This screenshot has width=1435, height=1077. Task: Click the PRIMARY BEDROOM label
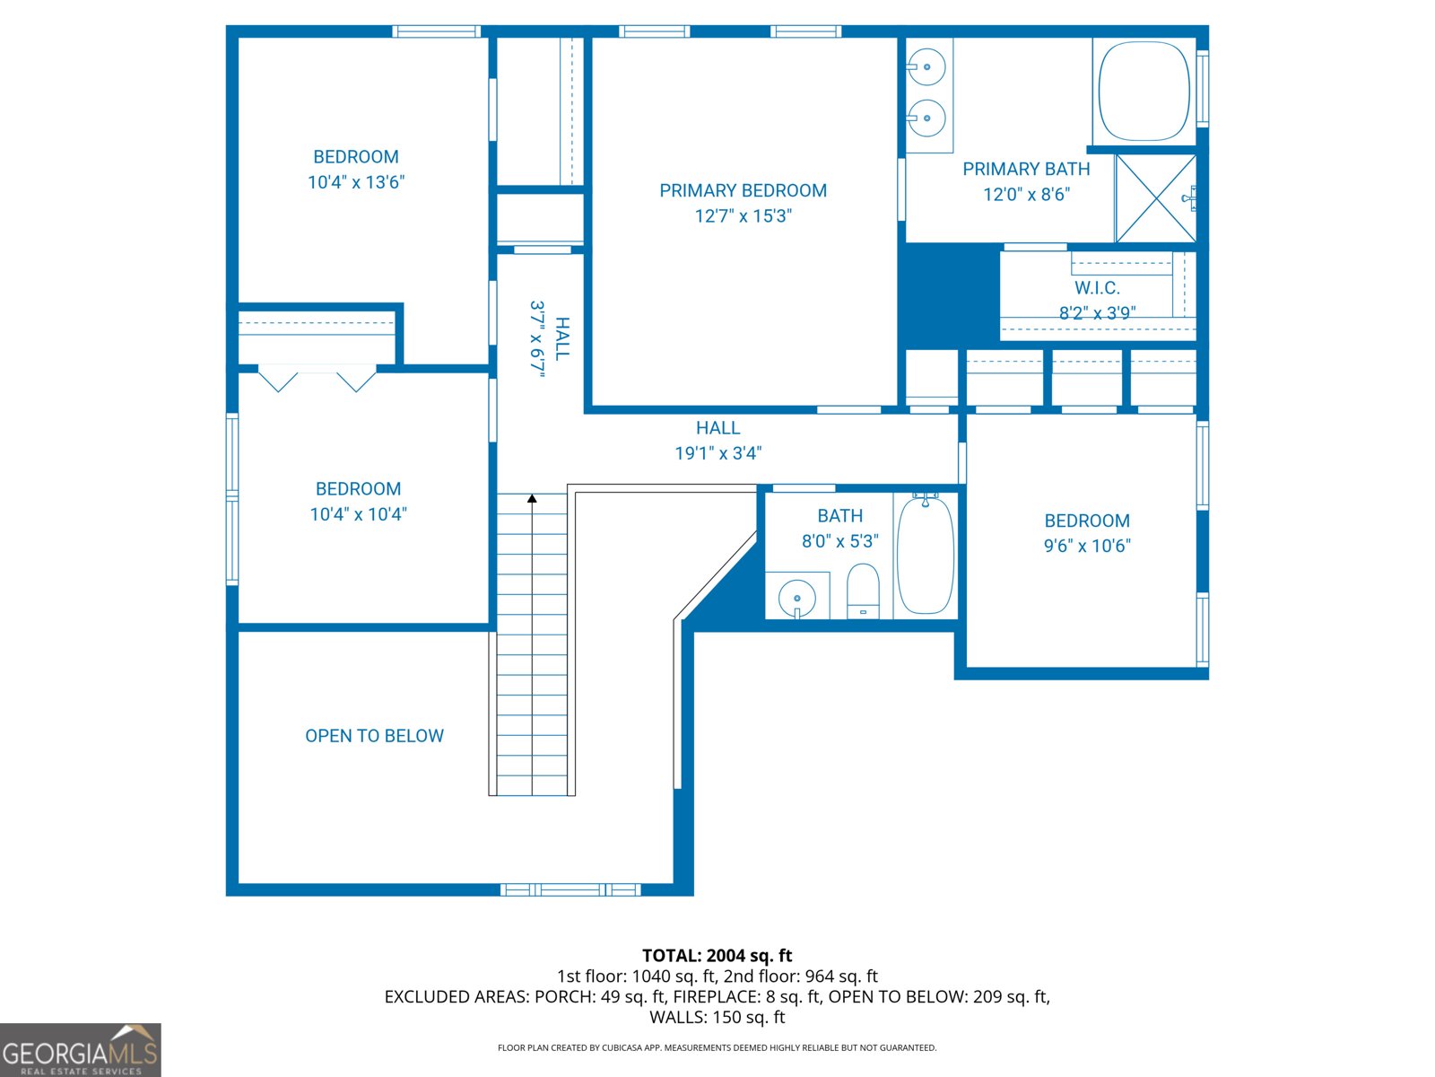pyautogui.click(x=743, y=190)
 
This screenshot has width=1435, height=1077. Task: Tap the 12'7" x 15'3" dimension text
pyautogui.click(x=743, y=216)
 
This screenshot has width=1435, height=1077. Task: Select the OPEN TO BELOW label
pyautogui.click(x=374, y=736)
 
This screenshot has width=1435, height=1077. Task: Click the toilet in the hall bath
pyautogui.click(x=863, y=591)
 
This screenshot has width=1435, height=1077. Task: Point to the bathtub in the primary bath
pyautogui.click(x=1144, y=91)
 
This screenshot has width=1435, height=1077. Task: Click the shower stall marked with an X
pyautogui.click(x=1155, y=198)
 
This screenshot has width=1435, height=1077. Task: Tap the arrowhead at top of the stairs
pyautogui.click(x=532, y=498)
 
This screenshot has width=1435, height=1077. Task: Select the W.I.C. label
pyautogui.click(x=1097, y=288)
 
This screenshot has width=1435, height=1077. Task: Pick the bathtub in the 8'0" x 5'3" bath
pyautogui.click(x=925, y=556)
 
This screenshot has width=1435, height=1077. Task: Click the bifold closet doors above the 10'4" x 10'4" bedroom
pyautogui.click(x=317, y=378)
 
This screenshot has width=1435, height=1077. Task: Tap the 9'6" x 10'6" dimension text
pyautogui.click(x=1087, y=546)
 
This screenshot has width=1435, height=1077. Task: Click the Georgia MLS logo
pyautogui.click(x=81, y=1050)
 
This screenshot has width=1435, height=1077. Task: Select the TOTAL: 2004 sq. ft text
pyautogui.click(x=717, y=956)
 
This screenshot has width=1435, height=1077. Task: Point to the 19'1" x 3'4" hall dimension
pyautogui.click(x=717, y=453)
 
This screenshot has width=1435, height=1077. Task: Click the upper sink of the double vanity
pyautogui.click(x=926, y=67)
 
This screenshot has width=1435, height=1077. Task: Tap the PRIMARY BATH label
pyautogui.click(x=1026, y=169)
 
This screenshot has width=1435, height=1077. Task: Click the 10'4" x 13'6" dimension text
pyautogui.click(x=356, y=182)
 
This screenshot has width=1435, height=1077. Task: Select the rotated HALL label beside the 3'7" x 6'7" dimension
pyautogui.click(x=561, y=338)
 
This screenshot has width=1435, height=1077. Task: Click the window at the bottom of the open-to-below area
pyautogui.click(x=570, y=889)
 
